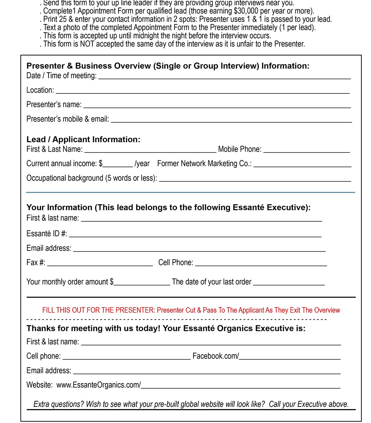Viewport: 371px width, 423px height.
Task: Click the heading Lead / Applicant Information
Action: coord(83,140)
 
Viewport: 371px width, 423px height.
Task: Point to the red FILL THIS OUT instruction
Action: coord(191,310)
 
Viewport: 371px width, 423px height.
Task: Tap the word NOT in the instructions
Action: coord(87,44)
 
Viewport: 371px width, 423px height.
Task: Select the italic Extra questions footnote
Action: coord(191,404)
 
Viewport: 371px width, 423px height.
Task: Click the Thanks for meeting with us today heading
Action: coord(166,328)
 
